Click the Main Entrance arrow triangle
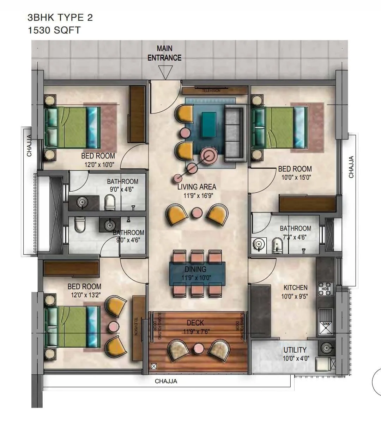[164, 73]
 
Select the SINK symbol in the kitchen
[325, 324]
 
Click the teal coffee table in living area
[208, 124]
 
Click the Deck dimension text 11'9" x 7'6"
[196, 332]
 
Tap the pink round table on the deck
[198, 348]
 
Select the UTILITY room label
[295, 350]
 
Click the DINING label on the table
[195, 269]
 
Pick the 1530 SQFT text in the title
[54, 30]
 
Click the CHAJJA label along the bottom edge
[166, 381]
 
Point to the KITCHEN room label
[295, 288]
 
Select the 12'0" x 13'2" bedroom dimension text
[84, 295]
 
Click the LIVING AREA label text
[196, 187]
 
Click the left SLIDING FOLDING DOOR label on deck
[157, 326]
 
